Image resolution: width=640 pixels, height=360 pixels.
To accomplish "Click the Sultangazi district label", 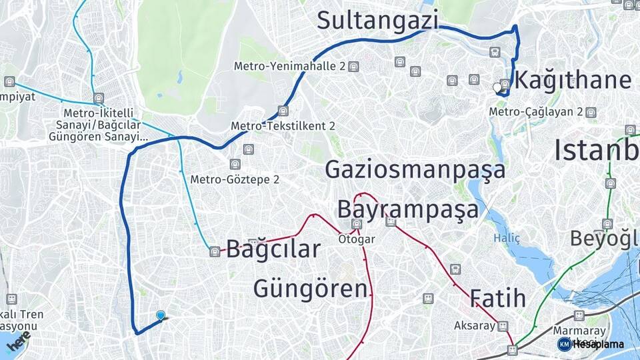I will (x=377, y=20).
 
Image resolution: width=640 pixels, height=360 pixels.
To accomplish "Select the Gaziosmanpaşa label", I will (x=415, y=170).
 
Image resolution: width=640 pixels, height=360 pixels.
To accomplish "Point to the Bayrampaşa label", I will (x=407, y=209).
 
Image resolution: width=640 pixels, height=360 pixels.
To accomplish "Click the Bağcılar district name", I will (x=273, y=250).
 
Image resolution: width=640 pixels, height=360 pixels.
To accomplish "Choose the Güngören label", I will (x=310, y=289).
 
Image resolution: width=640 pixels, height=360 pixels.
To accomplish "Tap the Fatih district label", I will (x=498, y=297).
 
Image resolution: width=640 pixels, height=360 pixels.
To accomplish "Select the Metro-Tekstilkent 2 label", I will (x=283, y=125).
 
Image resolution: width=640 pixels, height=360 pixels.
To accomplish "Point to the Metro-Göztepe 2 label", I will (x=235, y=179).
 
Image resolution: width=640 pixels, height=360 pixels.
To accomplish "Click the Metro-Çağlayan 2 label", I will (x=537, y=112).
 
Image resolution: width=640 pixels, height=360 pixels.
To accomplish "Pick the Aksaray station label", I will (x=475, y=326).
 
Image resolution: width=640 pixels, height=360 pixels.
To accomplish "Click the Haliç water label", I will (x=507, y=238).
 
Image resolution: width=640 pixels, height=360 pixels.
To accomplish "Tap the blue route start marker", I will (x=160, y=315).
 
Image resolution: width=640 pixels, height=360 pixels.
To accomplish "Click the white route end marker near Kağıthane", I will (x=497, y=87).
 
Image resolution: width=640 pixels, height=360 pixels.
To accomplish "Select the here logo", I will (x=19, y=342).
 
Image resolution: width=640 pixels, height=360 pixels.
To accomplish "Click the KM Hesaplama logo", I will (x=591, y=344).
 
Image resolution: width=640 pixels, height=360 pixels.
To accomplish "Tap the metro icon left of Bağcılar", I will (x=214, y=251).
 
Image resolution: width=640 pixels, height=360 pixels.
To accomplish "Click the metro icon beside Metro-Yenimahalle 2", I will (x=353, y=67).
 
